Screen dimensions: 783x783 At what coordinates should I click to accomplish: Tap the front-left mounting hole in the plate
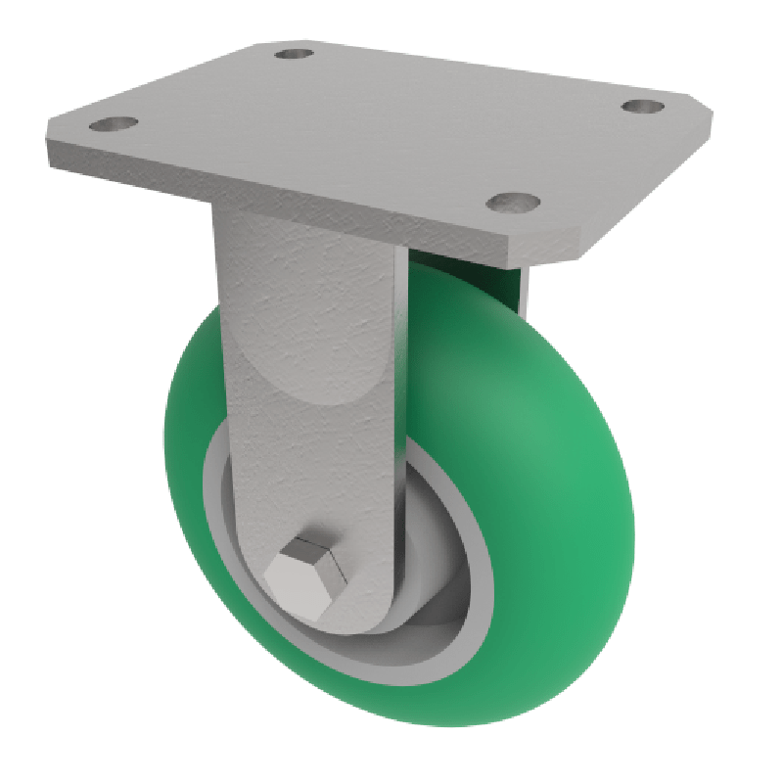(x=112, y=125)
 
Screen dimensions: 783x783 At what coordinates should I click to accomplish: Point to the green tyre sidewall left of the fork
(x=191, y=440)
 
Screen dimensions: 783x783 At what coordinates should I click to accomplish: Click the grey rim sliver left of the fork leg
(x=217, y=509)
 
